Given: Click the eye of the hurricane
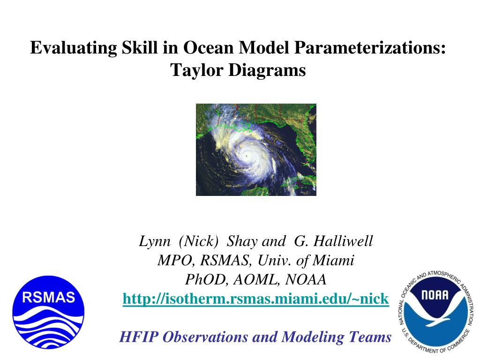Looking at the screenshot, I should (x=247, y=155).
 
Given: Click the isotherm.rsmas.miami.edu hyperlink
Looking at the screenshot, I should (x=255, y=299).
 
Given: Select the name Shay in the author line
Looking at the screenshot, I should (x=242, y=241).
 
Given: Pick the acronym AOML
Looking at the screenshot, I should (x=255, y=279).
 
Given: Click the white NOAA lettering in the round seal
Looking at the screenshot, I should (x=435, y=295).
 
